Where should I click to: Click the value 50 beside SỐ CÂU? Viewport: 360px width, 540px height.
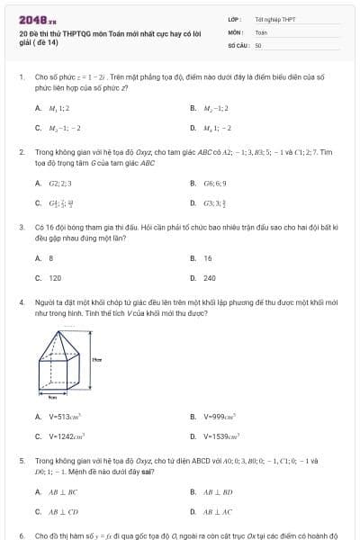point(258,44)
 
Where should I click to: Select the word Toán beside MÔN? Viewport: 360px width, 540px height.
point(261,31)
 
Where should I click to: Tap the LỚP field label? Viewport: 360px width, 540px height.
point(234,18)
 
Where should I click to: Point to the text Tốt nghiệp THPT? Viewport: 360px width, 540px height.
point(274,18)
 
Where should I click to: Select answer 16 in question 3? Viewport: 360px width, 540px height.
point(207,257)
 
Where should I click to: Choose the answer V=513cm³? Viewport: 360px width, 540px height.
point(66,416)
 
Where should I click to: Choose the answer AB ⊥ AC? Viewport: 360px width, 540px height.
point(219,512)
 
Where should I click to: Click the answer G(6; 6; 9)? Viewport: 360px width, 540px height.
point(215,183)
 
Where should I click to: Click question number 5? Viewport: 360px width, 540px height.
point(22,460)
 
